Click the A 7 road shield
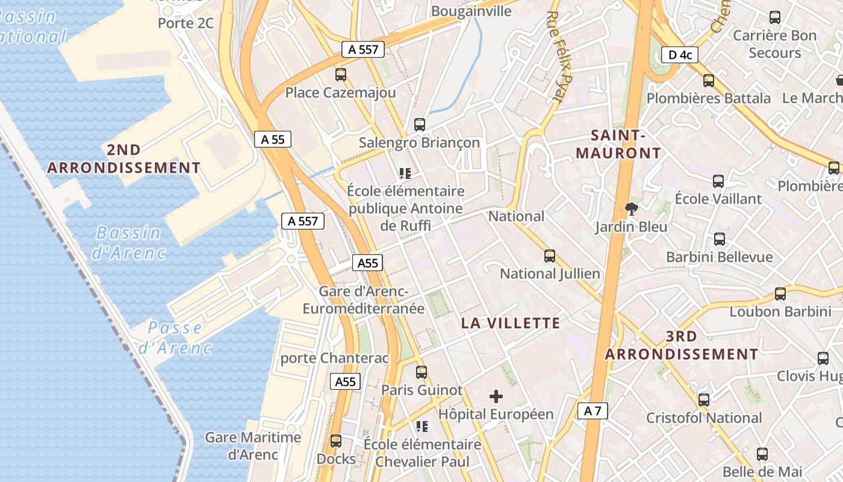click(x=593, y=411)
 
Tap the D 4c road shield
click(x=679, y=55)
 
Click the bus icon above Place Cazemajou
click(x=341, y=75)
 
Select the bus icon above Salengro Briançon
click(x=420, y=125)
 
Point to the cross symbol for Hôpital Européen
click(x=496, y=396)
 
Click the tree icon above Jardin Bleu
click(x=632, y=209)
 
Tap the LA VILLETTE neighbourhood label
click(x=511, y=324)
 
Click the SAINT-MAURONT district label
click(x=618, y=144)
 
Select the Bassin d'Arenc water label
click(x=128, y=242)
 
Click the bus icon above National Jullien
click(x=550, y=256)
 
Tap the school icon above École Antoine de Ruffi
click(x=405, y=174)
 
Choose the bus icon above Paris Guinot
click(x=421, y=372)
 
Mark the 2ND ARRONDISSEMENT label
click(x=123, y=158)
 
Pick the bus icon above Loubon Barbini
click(x=780, y=294)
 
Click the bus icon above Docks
click(x=336, y=441)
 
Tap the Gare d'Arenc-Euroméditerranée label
click(x=364, y=300)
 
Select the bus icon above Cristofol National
click(x=704, y=400)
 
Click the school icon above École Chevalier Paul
click(x=422, y=427)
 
